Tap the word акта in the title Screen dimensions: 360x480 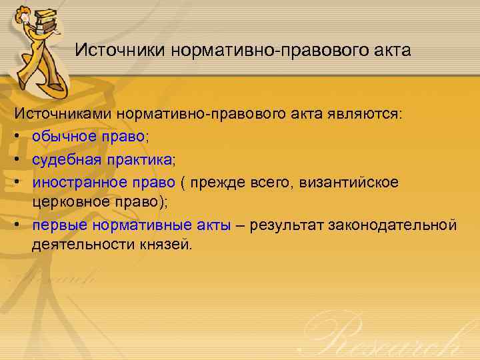(x=391, y=50)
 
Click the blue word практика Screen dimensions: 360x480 (x=141, y=160)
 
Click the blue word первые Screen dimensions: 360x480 (x=57, y=225)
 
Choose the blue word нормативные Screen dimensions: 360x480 (x=134, y=225)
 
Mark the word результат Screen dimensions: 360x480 (x=285, y=225)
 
